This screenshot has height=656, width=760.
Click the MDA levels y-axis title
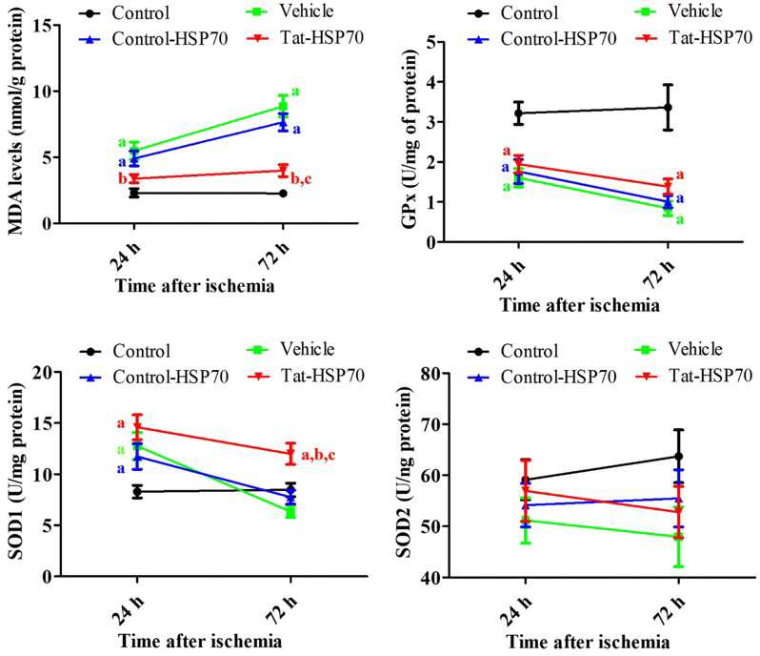tap(16, 122)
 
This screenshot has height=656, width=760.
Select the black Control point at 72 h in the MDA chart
tap(283, 194)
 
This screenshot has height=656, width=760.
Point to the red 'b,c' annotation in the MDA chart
tap(301, 179)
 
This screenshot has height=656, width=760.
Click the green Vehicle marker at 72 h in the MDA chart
tap(283, 106)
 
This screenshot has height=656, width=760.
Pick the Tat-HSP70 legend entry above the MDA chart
tap(306, 38)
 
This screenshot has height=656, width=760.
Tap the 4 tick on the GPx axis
tap(429, 82)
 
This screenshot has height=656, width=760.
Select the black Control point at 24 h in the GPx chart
tap(519, 113)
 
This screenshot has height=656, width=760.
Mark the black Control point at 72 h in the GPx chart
tap(668, 107)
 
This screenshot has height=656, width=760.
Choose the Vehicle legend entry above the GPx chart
tap(678, 10)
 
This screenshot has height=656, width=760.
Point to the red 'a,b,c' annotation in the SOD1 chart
tap(318, 455)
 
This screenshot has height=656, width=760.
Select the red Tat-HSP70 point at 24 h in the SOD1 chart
tap(138, 427)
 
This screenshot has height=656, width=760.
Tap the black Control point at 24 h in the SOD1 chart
tap(138, 491)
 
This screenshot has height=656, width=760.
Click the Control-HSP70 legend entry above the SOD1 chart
tap(154, 377)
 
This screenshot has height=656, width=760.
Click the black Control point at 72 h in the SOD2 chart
tap(678, 457)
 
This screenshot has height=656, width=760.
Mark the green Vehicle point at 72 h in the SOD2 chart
tap(678, 537)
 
